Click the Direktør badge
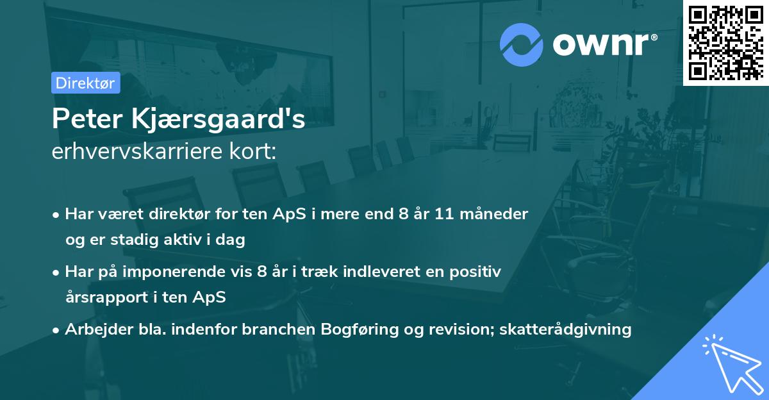(x=85, y=83)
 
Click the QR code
(x=726, y=42)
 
